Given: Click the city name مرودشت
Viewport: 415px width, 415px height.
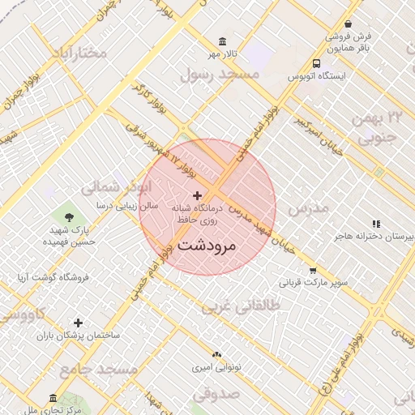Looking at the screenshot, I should [206, 244].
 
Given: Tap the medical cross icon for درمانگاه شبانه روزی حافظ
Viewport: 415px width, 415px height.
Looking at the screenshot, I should [198, 195].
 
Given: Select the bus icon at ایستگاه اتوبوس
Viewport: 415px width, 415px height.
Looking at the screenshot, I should [315, 62].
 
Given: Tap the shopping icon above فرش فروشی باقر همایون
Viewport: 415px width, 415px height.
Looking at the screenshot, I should [349, 24].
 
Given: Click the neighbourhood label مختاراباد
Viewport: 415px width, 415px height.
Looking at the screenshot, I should [79, 53].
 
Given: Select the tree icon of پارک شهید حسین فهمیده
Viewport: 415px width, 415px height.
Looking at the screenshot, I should [68, 216].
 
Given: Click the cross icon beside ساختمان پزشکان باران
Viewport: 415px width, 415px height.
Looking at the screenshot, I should [79, 323].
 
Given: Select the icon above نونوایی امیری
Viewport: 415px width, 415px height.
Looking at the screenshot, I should [216, 354].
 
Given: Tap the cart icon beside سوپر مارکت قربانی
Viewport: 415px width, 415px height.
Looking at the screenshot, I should [313, 271].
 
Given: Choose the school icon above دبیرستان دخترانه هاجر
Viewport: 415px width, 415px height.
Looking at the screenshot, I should [375, 223].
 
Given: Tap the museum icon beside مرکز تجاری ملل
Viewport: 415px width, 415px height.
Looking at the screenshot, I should [53, 399].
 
